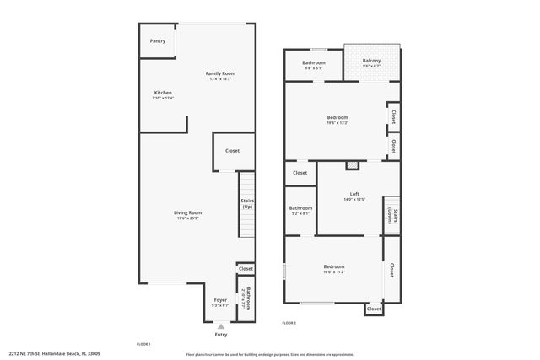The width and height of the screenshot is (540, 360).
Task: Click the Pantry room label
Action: click(158, 40)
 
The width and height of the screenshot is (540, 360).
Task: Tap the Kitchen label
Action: click(163, 93)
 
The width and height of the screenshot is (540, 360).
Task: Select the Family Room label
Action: click(220, 73)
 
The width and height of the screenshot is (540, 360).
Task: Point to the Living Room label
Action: click(187, 212)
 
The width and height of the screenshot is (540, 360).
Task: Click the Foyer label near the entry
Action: click(220, 299)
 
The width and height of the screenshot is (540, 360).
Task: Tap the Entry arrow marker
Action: click(221, 326)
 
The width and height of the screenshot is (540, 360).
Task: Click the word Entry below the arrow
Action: click(221, 335)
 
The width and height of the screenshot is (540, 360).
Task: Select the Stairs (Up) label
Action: click(247, 203)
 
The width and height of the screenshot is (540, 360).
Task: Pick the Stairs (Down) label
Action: click(391, 216)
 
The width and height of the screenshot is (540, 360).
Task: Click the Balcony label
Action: click(371, 61)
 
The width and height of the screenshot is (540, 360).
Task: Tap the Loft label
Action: click(354, 194)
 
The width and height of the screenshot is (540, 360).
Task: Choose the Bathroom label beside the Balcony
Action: click(314, 63)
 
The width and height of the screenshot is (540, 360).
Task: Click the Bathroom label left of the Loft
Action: click(300, 208)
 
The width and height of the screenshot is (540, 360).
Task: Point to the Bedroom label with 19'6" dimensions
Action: click(337, 117)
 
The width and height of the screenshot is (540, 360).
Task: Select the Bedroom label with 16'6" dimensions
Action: click(333, 266)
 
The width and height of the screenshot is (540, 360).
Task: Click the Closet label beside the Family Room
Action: click(232, 151)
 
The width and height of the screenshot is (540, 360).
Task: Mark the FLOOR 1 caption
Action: click(143, 344)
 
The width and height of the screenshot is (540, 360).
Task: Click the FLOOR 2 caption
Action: click(289, 323)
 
